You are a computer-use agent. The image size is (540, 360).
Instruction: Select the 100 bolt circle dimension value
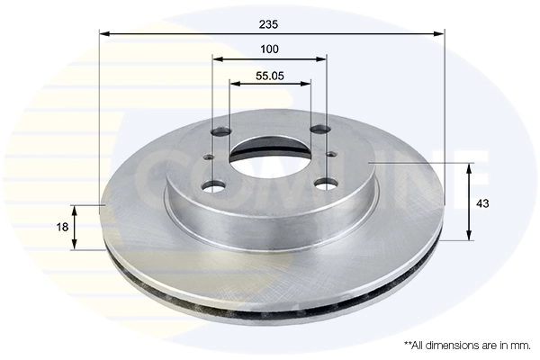[270, 49]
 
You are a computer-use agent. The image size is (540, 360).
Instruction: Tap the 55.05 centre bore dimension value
[270, 76]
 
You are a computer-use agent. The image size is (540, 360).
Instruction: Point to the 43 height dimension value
[482, 203]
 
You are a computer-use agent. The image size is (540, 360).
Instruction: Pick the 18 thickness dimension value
[61, 228]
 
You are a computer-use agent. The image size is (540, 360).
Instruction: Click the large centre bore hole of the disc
[269, 157]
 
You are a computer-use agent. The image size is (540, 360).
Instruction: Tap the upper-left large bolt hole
[220, 131]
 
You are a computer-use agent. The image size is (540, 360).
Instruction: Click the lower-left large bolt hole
[213, 186]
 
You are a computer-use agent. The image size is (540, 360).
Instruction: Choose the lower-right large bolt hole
[326, 185]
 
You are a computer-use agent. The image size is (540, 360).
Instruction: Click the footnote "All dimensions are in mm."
[467, 345]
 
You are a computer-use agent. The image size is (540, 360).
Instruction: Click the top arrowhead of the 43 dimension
[469, 168]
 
